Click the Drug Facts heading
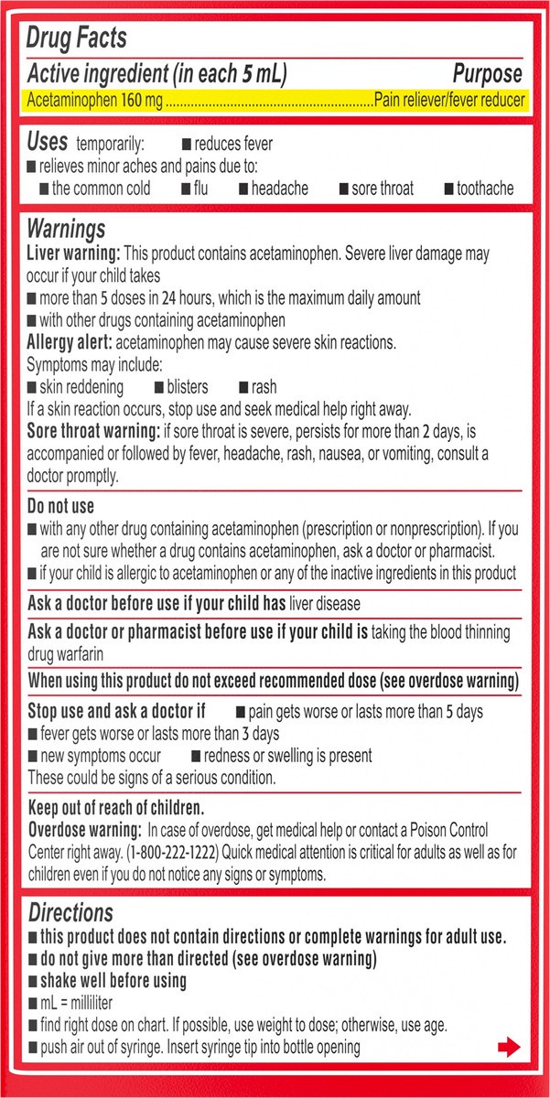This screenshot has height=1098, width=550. click(x=77, y=38)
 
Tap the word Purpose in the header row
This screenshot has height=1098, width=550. click(x=488, y=74)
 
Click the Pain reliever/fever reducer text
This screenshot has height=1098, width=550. click(x=450, y=101)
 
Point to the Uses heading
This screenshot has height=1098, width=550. click(x=47, y=142)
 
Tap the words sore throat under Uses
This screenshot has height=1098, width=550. click(x=383, y=188)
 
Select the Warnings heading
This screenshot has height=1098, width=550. click(x=66, y=229)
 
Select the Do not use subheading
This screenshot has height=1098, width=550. click(x=61, y=506)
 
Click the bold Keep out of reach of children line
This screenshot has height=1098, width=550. click(x=115, y=808)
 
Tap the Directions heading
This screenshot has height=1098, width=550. click(x=70, y=912)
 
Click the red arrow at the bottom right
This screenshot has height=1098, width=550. click(x=508, y=1048)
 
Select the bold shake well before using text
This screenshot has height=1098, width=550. click(x=113, y=980)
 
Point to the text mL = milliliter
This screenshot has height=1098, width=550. click(x=85, y=1003)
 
